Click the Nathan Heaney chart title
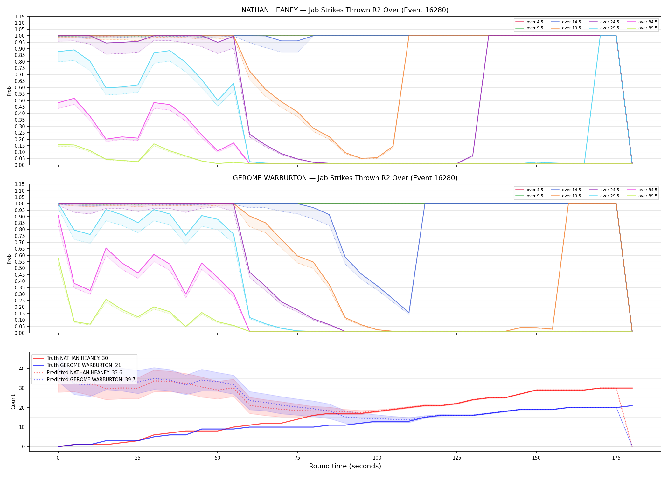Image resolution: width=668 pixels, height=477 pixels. click(345, 10)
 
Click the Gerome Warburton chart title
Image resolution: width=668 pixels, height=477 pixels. click(345, 178)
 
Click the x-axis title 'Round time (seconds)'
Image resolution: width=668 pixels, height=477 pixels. click(345, 466)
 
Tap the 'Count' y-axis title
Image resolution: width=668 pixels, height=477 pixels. click(13, 402)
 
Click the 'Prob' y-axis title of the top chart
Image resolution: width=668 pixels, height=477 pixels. click(9, 91)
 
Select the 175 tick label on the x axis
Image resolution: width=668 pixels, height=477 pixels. click(616, 458)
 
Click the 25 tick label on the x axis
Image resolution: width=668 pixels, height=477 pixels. click(138, 458)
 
